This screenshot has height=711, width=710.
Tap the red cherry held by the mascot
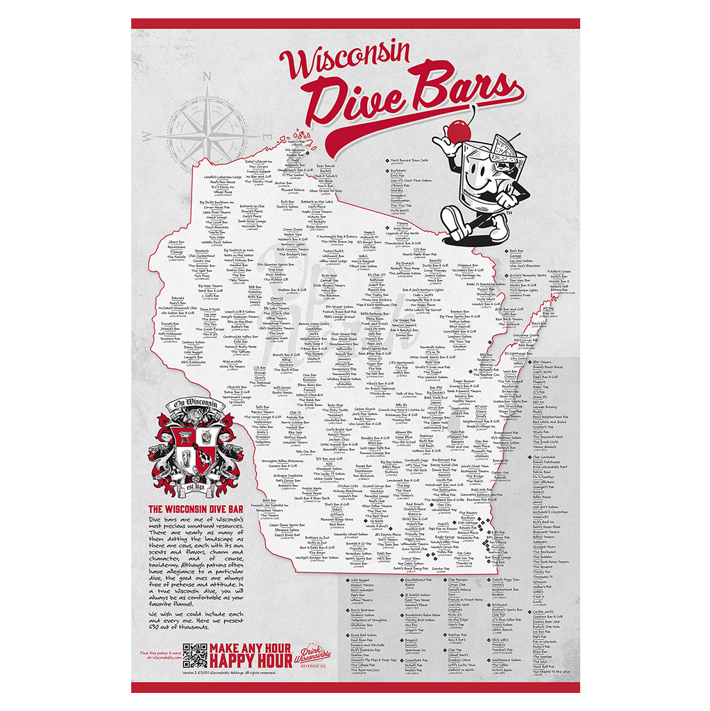[457, 129]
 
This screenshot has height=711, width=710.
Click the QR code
[195, 655]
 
